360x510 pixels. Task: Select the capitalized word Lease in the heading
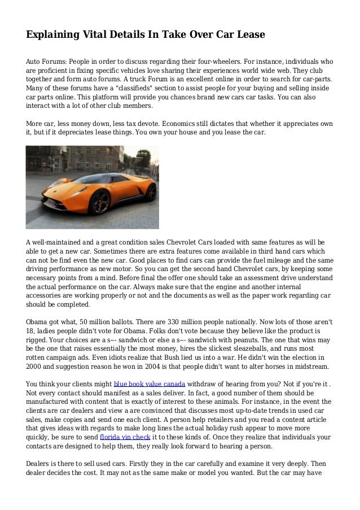coord(248,35)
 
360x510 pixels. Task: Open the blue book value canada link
coord(150,383)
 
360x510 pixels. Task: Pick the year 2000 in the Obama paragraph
coord(35,366)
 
